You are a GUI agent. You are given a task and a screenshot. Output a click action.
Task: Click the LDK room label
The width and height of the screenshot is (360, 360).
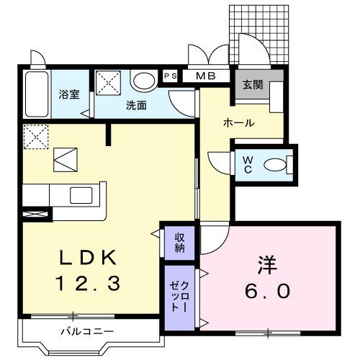[85, 258]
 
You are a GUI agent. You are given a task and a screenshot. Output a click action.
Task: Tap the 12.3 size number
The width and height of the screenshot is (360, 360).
[85, 284]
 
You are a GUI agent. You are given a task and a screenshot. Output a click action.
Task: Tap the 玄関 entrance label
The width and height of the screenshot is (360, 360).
[252, 84]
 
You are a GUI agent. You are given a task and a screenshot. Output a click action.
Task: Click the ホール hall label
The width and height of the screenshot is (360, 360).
[238, 123]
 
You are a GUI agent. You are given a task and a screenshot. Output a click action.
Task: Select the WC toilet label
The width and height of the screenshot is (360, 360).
[247, 163]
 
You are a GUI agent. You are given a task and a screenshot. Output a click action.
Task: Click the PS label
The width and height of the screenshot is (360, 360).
[171, 76]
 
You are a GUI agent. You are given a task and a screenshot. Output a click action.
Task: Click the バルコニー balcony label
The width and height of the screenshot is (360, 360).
[86, 332]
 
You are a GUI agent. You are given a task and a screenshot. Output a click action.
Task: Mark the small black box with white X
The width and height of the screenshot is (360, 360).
[35, 214]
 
